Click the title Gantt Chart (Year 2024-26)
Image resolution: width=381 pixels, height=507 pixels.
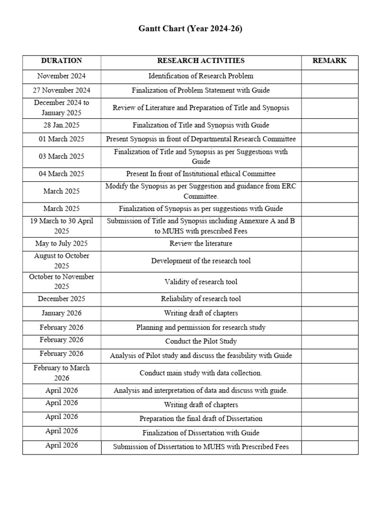(x=190, y=29)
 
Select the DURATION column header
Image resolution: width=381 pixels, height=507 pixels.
(x=62, y=61)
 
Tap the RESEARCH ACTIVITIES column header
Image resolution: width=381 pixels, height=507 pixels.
(x=201, y=61)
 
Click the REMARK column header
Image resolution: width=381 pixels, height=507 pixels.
(x=329, y=61)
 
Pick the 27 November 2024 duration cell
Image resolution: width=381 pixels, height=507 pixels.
(x=62, y=91)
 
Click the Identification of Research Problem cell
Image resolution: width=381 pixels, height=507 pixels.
(x=201, y=76)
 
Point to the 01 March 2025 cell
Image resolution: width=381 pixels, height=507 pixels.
(x=62, y=140)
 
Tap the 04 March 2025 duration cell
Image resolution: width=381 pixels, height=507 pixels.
(x=62, y=174)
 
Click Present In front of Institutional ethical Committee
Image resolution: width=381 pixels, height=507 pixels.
(x=201, y=174)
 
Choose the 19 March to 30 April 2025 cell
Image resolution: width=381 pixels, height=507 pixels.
(x=62, y=226)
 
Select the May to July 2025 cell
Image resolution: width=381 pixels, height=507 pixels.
(x=62, y=244)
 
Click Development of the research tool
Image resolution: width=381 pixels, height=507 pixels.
(x=201, y=261)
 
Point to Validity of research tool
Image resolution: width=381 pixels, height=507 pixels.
(x=201, y=282)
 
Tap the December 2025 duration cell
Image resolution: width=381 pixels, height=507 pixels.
(x=62, y=299)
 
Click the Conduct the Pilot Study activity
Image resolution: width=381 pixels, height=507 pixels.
(x=201, y=342)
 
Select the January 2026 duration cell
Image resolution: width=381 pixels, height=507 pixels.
(x=62, y=313)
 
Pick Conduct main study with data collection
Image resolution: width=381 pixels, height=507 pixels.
(x=201, y=373)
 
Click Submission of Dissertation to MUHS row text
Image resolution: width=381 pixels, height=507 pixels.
(x=201, y=447)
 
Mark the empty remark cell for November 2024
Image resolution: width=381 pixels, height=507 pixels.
(x=329, y=76)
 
